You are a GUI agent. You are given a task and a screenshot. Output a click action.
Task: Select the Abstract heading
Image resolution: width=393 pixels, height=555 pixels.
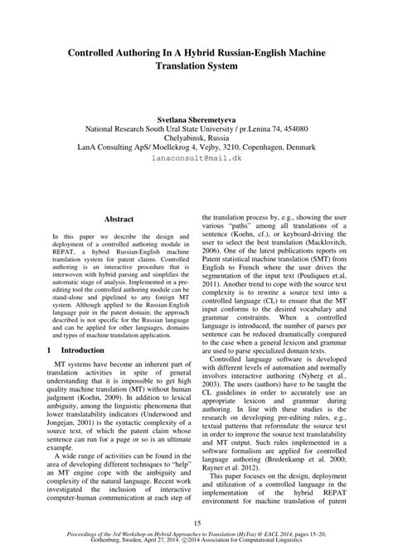coord(119,220)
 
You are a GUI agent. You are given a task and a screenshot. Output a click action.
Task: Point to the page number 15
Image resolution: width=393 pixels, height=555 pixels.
coord(196,522)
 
